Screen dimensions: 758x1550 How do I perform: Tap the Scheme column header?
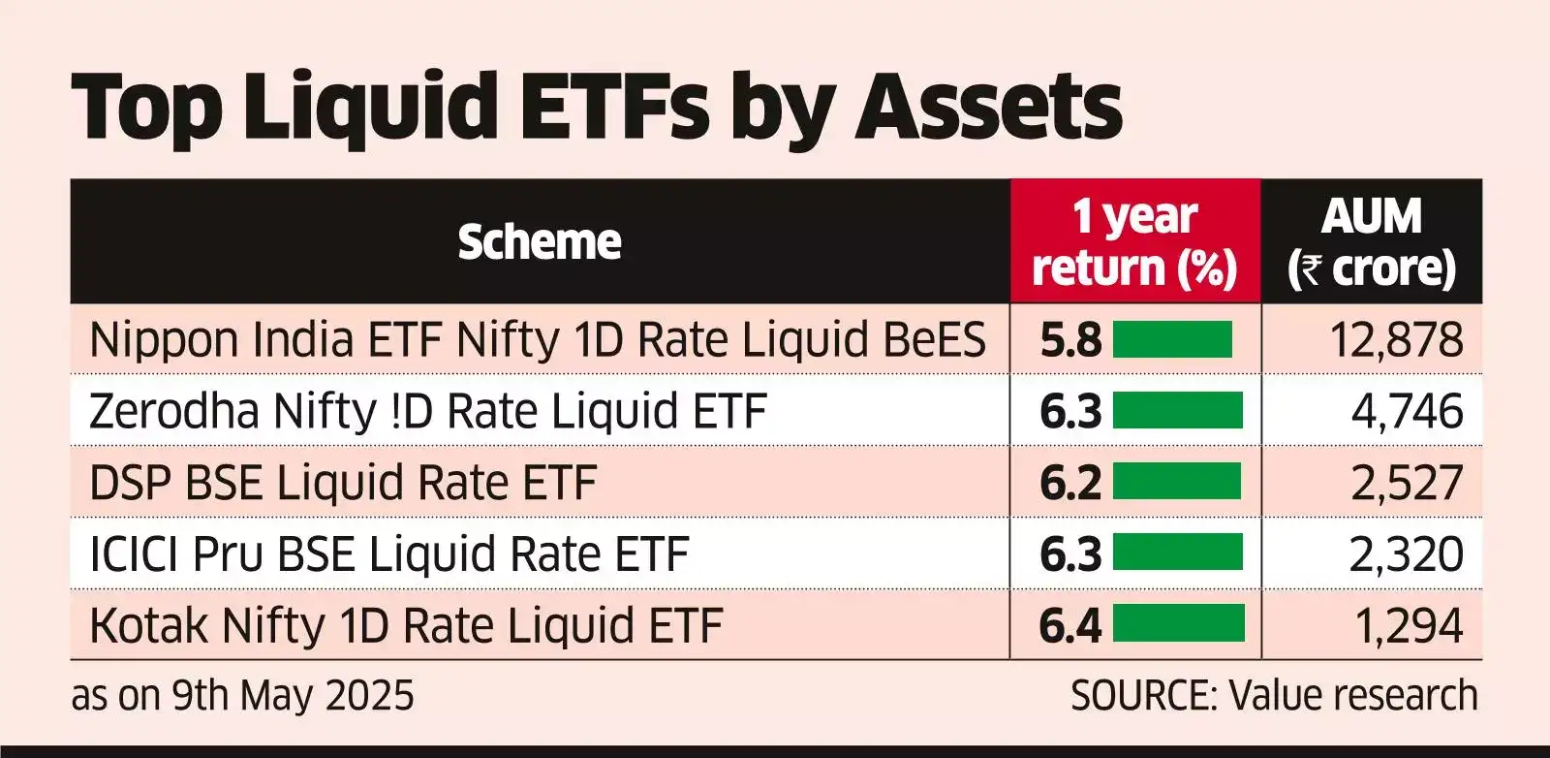[x=539, y=241]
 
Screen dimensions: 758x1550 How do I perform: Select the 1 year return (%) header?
[x=1134, y=241]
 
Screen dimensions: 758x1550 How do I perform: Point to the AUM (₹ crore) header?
[x=1372, y=241]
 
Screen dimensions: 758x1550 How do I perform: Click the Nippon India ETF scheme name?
[x=537, y=340]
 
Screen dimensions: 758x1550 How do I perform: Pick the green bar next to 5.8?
[x=1172, y=340]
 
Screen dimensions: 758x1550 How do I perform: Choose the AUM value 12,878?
[x=1396, y=340]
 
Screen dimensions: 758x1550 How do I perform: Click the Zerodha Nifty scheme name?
[x=427, y=411]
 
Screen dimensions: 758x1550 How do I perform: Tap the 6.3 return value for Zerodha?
[x=1070, y=412]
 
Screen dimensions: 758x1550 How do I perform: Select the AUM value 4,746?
[x=1407, y=412]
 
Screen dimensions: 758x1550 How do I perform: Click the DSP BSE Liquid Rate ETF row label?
[x=342, y=483]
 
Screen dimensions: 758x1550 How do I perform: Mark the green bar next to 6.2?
[x=1177, y=482]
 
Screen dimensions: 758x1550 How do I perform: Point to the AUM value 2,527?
[x=1407, y=483]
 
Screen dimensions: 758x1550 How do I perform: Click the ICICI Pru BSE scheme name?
[x=388, y=554]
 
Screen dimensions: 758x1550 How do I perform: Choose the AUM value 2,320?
[x=1406, y=554]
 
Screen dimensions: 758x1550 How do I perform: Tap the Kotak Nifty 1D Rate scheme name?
[x=406, y=625]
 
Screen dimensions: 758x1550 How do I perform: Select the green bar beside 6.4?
[x=1179, y=624]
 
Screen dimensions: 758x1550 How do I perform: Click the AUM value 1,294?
[x=1409, y=626]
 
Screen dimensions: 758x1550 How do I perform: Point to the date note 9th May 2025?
[x=242, y=696]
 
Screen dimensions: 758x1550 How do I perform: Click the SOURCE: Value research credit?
[x=1274, y=696]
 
